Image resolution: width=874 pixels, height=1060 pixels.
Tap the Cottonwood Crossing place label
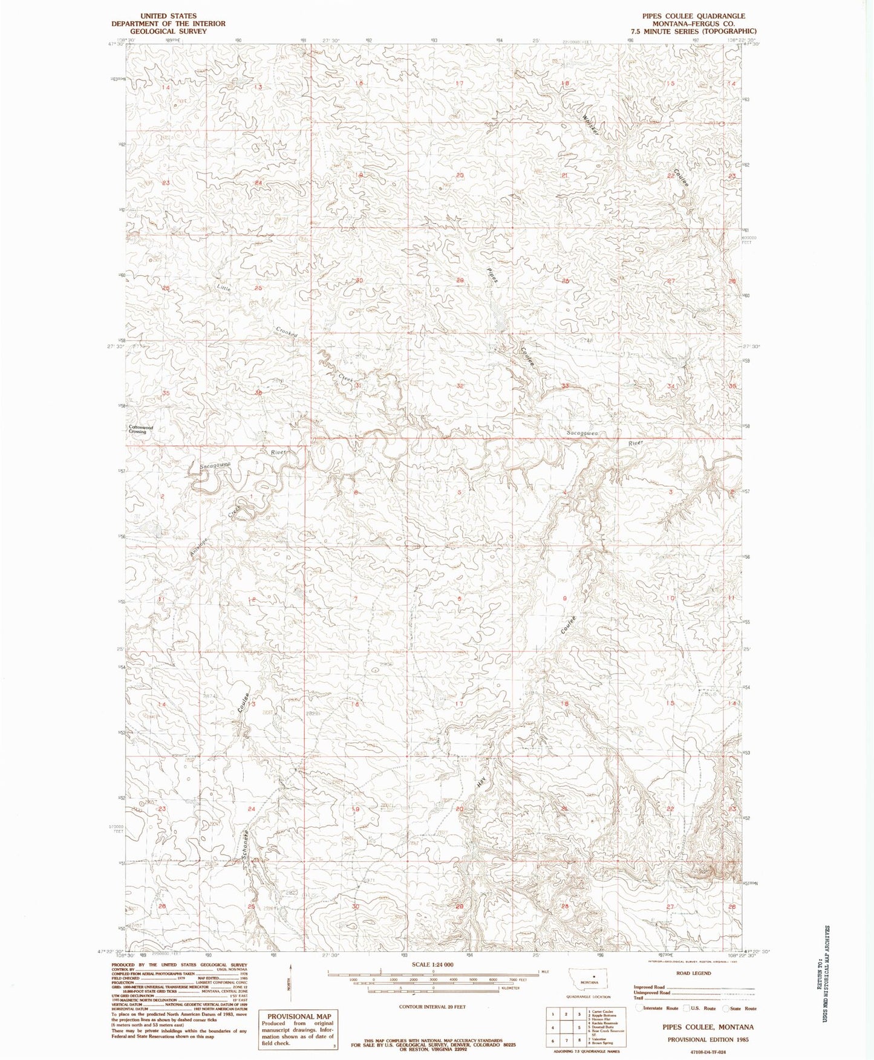[141, 430]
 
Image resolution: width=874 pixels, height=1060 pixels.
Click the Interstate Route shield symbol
[639, 1009]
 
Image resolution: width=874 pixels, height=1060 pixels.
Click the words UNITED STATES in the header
[168, 16]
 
